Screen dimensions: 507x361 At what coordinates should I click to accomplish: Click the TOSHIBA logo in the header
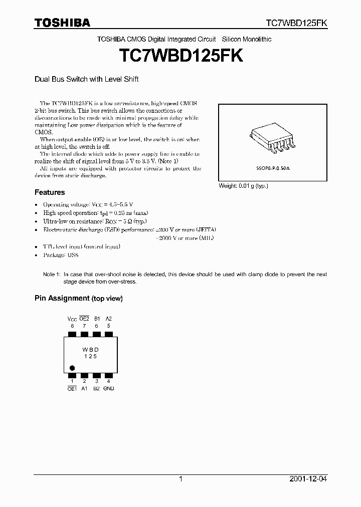[x=62, y=23]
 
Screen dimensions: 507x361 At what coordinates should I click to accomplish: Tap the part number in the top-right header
[x=296, y=23]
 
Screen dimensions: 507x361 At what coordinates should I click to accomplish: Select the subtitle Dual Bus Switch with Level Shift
[x=86, y=79]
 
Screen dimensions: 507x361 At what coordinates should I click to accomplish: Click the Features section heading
[x=50, y=192]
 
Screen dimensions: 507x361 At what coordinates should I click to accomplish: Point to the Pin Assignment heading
[x=78, y=298]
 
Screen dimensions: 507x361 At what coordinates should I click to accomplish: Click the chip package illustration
[x=272, y=138]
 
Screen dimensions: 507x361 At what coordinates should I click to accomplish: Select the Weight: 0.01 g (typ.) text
[x=243, y=186]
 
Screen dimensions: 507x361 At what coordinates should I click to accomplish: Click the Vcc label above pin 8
[x=72, y=319]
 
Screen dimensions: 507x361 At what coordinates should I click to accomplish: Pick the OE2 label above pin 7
[x=84, y=319]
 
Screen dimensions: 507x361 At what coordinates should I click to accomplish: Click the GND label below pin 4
[x=109, y=388]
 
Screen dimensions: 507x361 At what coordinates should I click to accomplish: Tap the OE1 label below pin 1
[x=72, y=388]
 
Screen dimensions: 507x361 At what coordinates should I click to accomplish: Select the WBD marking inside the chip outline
[x=90, y=349]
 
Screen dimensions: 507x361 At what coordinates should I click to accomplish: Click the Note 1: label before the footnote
[x=52, y=275]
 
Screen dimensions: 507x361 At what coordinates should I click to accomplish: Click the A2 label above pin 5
[x=109, y=319]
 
